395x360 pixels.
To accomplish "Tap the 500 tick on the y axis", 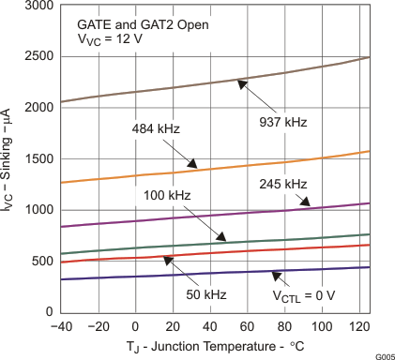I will pos(41,261).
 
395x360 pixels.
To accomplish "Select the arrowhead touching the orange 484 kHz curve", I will pos(193,164).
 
